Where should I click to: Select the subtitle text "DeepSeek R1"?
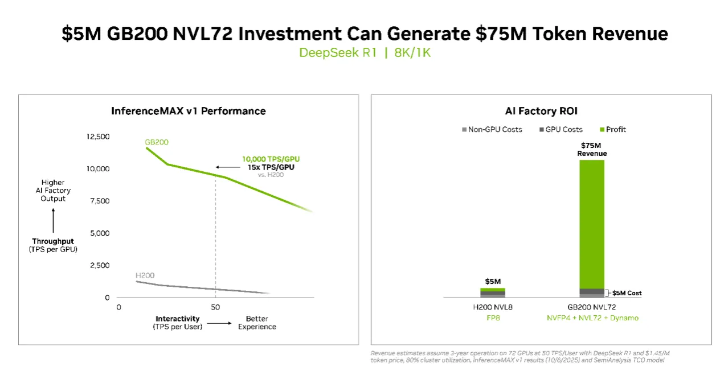[338, 53]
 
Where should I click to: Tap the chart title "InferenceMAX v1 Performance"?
[189, 111]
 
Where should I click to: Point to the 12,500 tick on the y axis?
[98, 137]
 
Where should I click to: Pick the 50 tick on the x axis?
[215, 307]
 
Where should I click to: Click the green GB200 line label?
[157, 142]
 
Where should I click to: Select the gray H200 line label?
[145, 275]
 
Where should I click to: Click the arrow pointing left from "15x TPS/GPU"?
[228, 167]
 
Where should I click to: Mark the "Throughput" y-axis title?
[53, 241]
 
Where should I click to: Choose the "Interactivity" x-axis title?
[177, 319]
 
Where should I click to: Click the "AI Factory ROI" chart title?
[541, 111]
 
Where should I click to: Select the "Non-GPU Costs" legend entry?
[492, 130]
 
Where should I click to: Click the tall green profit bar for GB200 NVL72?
[592, 222]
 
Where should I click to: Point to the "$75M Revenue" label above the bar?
[592, 150]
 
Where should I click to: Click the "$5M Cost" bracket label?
[627, 293]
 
